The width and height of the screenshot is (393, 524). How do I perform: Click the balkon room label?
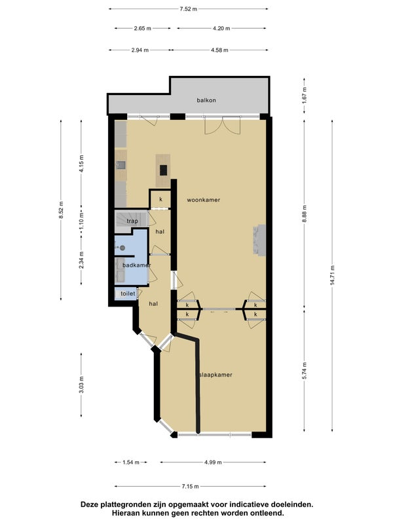(206, 100)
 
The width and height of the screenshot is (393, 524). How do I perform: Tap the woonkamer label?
(204, 200)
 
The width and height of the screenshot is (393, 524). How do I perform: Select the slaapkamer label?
(215, 375)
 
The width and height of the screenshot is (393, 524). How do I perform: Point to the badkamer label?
(137, 265)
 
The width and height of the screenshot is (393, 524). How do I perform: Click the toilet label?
(128, 293)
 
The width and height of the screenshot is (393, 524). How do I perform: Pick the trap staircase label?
(132, 221)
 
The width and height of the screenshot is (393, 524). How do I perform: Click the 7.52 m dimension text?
(189, 9)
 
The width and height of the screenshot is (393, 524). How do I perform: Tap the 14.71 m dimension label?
(333, 275)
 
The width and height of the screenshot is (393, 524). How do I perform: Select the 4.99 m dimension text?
(213, 462)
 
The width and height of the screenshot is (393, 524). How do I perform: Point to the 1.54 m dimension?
(130, 462)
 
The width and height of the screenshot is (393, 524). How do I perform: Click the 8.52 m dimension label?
(61, 210)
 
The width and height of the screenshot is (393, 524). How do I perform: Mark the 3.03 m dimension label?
(81, 384)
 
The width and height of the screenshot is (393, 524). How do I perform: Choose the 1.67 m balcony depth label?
(305, 95)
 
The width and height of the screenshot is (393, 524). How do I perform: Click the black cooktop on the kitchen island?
(163, 170)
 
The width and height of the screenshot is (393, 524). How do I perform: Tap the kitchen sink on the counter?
(121, 165)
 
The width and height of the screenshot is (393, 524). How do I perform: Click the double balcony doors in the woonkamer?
(223, 125)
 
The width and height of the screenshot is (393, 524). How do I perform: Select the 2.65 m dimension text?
(143, 28)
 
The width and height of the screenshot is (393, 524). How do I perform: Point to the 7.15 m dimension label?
(190, 487)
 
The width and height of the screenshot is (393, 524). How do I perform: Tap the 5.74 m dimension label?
(305, 371)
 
